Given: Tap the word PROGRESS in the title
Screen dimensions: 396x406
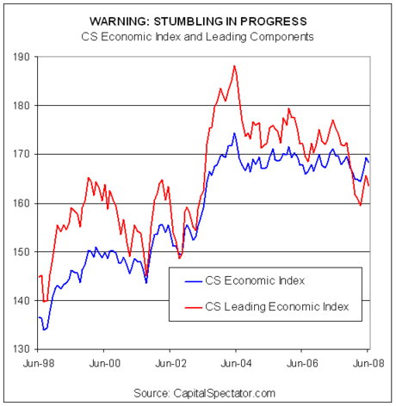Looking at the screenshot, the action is coord(274,22).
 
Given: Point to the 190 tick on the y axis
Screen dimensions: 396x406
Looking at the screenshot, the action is coord(22,57).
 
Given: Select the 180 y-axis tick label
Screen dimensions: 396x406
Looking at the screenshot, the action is coord(22,106).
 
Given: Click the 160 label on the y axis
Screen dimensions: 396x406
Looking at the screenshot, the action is coord(22,204).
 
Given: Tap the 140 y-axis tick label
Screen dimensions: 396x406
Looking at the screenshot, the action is coord(22,301).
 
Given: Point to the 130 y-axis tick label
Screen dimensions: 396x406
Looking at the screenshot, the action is coord(22,349).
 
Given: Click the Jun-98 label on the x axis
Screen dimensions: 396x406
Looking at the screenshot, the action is coord(39,364).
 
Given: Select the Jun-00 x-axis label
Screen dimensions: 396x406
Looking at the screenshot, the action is coord(105,364).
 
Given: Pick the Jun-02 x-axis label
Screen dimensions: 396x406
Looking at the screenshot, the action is coord(170,364).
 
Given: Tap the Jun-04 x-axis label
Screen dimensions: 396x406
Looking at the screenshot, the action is coord(236,364).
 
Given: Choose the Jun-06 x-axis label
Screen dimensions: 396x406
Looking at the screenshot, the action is coord(302,364).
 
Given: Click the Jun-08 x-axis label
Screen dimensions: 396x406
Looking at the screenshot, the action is coord(368,364).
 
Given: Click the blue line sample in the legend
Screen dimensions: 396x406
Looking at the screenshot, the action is coord(194,281).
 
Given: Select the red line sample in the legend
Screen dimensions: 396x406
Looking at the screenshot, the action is coord(194,308).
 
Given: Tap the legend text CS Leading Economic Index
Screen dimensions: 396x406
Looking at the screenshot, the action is coord(277,307).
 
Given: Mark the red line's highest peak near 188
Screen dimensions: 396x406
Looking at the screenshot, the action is coord(234,66).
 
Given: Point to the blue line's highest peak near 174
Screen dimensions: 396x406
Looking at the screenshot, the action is coord(234,133).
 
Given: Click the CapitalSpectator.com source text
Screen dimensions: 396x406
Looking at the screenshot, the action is coord(225,393).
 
